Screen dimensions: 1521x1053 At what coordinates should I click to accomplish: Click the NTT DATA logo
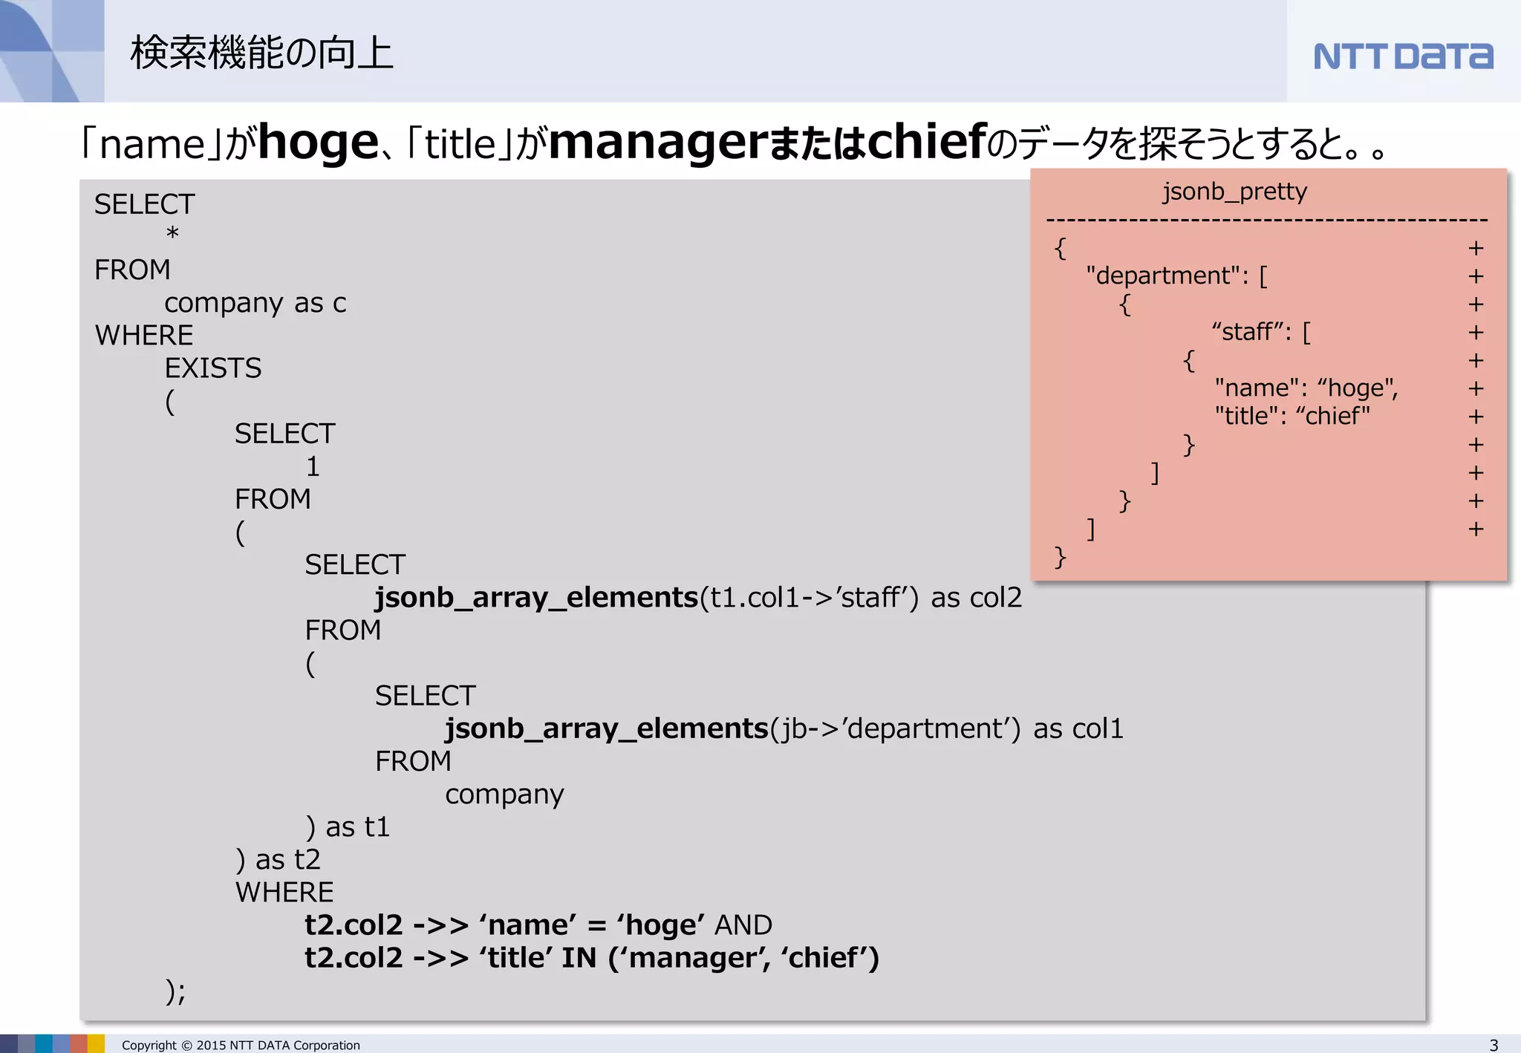pos(1403,56)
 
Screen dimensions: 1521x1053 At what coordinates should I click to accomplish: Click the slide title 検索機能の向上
pos(261,53)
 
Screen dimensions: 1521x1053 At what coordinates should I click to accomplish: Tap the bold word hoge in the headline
pos(319,143)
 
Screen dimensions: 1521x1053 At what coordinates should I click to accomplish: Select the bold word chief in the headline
pos(927,143)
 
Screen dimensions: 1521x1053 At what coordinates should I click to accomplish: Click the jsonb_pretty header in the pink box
pos(1234,192)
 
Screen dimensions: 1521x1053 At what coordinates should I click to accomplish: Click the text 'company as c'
pos(255,303)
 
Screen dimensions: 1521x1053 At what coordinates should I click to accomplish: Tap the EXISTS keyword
pos(213,368)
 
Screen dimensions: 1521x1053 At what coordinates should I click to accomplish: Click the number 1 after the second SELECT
pos(313,467)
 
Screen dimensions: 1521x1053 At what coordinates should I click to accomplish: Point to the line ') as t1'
pos(348,827)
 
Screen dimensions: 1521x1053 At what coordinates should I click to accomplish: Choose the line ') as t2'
pos(278,860)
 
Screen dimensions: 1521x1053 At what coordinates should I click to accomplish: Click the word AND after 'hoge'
pos(743,925)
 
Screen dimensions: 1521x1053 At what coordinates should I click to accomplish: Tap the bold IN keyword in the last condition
pos(579,958)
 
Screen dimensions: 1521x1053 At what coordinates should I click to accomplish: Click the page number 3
pos(1494,1045)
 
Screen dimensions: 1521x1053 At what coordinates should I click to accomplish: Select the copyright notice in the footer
pos(241,1045)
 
